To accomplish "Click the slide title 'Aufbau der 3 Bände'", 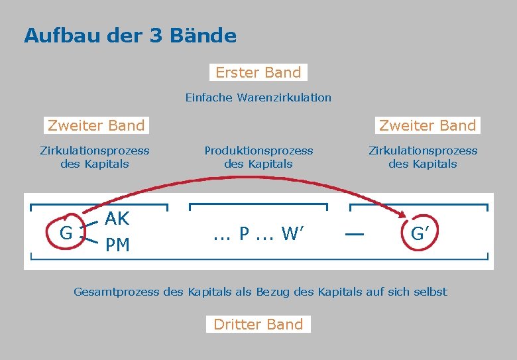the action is coord(130,35).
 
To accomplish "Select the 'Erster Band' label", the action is coord(258,72).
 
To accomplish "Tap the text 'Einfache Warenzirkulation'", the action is coord(258,97).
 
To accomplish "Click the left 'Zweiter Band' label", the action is coord(96,125).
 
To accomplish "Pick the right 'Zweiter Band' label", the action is coord(428,125).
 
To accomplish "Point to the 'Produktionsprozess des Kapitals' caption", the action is coord(258,157).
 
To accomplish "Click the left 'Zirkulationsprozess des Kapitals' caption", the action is coord(95,157).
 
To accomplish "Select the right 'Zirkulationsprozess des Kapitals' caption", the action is coord(423,157).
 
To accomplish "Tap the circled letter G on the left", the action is coord(66,233).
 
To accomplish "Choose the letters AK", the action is coord(117,219).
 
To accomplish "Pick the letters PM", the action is coord(117,245).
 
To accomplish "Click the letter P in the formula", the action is coord(245,233).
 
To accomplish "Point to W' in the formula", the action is coord(292,233).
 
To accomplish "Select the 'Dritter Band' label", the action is coord(258,324).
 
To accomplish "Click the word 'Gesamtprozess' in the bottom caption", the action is coord(115,292).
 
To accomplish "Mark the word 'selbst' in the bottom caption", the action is coord(430,292).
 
